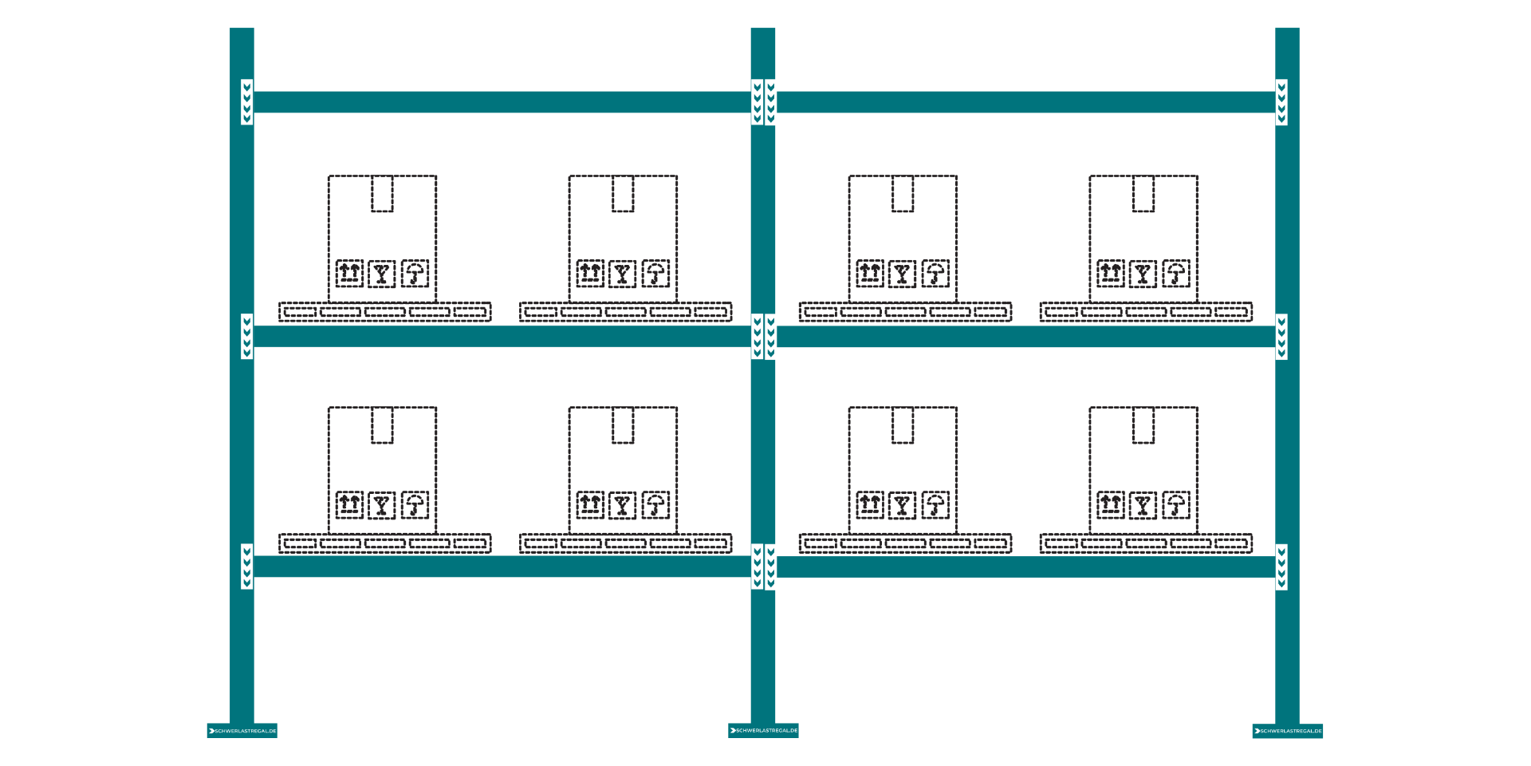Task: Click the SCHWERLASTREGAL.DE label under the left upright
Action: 242,731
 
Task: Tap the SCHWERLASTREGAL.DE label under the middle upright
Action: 763,730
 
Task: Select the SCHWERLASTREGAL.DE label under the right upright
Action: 1288,731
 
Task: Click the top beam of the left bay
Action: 502,102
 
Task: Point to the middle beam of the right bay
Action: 1025,337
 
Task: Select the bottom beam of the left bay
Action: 502,567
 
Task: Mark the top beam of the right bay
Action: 1025,102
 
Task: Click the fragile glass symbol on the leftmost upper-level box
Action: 382,274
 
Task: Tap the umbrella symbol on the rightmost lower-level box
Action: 1176,505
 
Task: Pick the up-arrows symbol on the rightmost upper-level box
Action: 1111,274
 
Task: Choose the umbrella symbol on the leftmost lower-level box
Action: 415,505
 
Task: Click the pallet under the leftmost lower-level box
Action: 385,543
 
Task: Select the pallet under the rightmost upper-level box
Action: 1146,312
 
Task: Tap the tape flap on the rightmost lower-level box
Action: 1143,426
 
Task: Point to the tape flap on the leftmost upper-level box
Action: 382,195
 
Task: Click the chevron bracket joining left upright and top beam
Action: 247,102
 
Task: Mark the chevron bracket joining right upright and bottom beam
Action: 1281,567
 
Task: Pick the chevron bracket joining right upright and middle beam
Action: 1281,337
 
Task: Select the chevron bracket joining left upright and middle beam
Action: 247,337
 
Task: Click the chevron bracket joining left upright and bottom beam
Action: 247,567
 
